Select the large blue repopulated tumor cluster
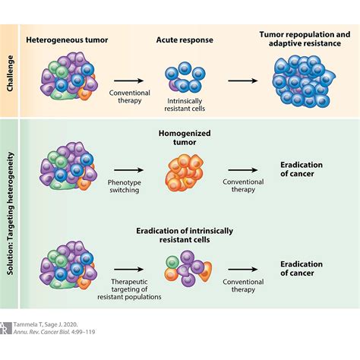[x=304, y=85]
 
